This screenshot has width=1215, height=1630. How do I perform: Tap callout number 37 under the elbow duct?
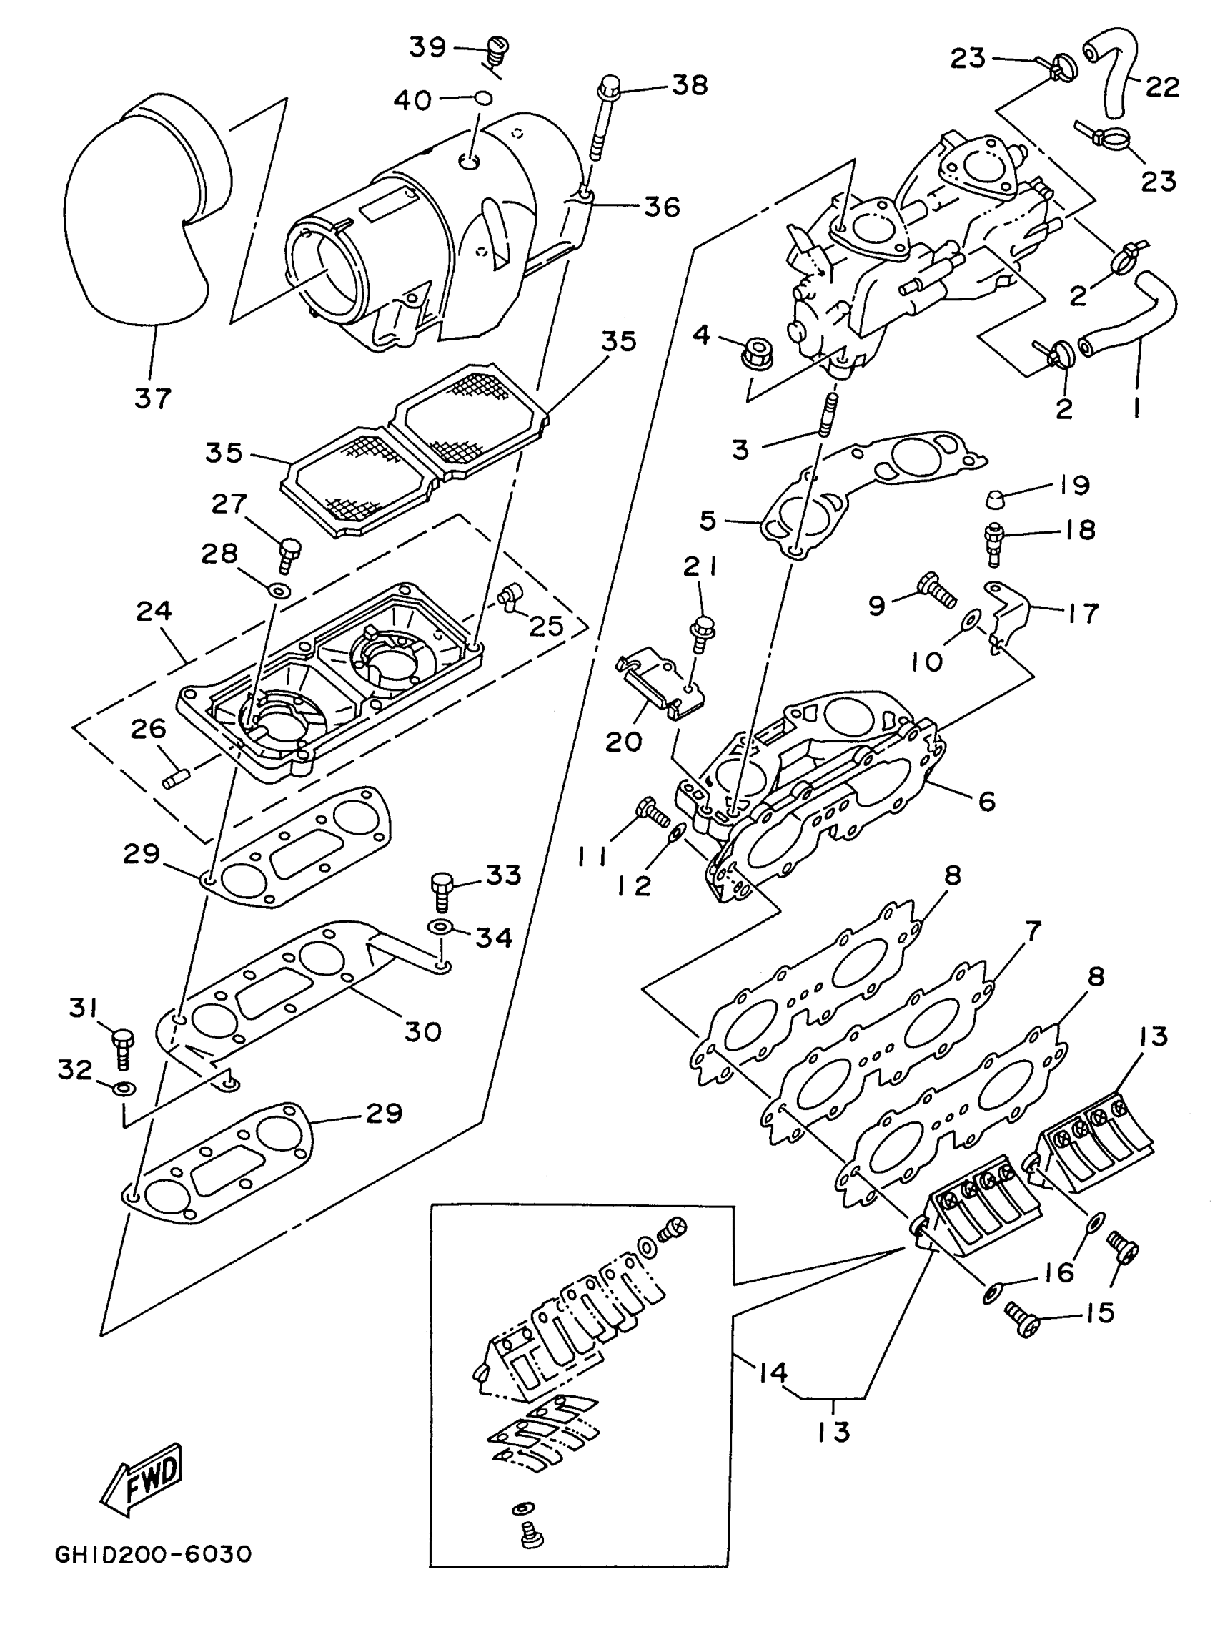152,398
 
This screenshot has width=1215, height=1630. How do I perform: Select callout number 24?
154,610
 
